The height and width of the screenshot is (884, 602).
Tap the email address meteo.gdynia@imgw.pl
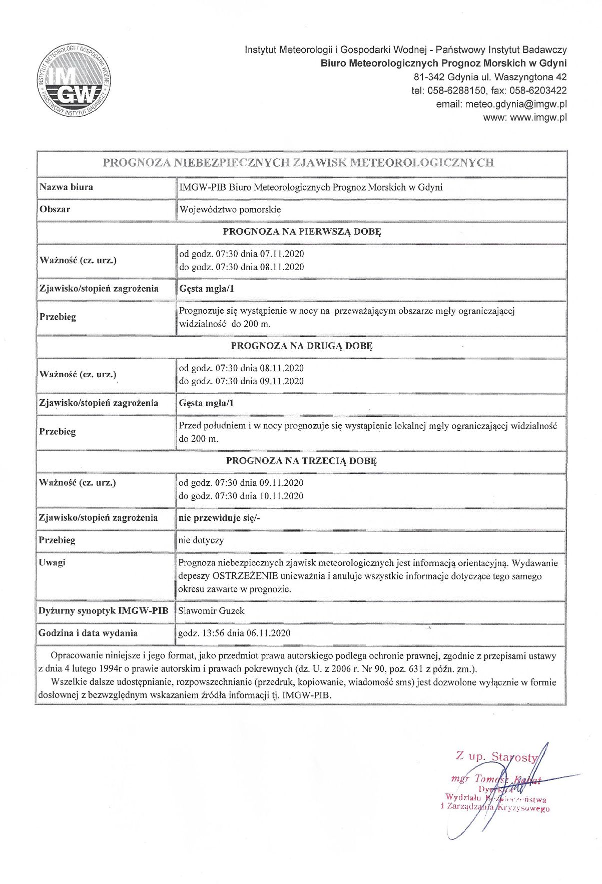(x=516, y=104)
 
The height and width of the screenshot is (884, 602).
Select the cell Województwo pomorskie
(x=230, y=210)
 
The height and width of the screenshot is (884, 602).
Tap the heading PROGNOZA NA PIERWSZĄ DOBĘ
(x=302, y=232)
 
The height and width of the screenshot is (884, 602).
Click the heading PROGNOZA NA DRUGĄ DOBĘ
(x=302, y=346)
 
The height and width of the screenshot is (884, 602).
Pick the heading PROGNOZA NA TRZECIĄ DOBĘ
(x=301, y=461)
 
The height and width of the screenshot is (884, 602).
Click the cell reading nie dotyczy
(x=201, y=540)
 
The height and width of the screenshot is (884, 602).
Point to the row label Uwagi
(x=52, y=563)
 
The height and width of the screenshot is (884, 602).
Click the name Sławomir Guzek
(x=211, y=611)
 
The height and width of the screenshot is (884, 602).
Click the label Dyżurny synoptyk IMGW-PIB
(x=104, y=611)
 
